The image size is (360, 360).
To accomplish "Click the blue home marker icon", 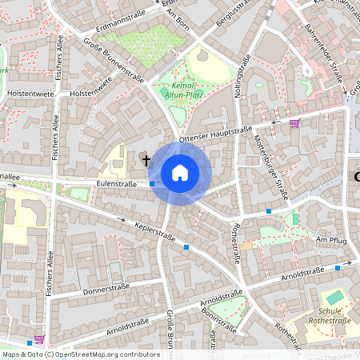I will point(180,173).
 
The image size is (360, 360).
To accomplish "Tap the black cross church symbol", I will point(146,161).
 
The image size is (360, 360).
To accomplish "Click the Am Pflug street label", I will point(330,239).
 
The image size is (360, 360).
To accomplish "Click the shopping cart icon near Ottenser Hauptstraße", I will point(294,123).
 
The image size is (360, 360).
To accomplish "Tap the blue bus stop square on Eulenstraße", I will point(152,183).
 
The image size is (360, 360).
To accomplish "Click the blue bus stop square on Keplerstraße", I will point(186,247).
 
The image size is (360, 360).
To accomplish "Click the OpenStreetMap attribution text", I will point(80,354).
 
